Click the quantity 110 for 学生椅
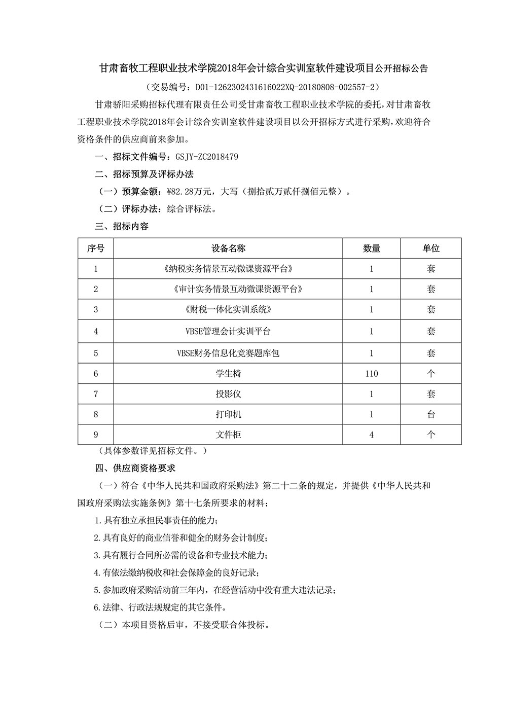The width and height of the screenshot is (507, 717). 371,374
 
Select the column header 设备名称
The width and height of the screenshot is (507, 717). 228,248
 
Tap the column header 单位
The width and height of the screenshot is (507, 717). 431,248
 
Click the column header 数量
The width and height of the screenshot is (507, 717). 371,248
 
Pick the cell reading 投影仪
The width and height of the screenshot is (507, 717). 228,394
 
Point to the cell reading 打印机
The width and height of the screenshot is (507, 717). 228,414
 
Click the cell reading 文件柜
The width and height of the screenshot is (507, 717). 228,435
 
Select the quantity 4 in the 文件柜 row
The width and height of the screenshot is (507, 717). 371,435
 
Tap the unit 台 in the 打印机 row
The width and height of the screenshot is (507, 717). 431,414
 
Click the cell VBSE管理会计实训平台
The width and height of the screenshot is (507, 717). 228,331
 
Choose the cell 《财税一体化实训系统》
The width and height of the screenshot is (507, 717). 228,309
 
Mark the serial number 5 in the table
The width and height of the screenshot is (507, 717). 96,353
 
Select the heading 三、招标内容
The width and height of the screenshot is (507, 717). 122,226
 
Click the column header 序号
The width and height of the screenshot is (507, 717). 96,248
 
